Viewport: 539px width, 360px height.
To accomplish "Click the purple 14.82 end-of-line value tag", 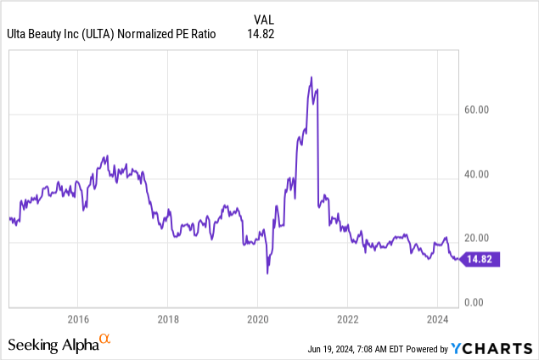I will pos(481,259).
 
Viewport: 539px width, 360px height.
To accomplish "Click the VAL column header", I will pos(264,19).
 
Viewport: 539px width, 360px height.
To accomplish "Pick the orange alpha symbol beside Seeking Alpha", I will pos(105,340).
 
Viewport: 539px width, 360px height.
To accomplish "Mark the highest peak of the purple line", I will pos(312,77).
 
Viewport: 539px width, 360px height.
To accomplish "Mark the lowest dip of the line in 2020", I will pos(267,273).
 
